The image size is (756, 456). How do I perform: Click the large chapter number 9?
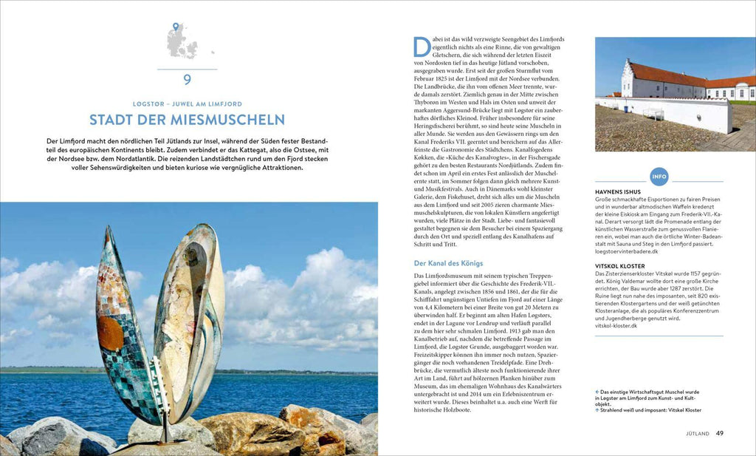point(187,80)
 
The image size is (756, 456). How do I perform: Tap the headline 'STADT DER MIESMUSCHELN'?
point(187,120)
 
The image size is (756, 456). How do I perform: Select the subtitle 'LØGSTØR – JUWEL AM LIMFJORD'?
point(187,104)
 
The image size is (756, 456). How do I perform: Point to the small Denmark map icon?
point(182,44)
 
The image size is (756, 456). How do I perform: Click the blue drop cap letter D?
point(422,47)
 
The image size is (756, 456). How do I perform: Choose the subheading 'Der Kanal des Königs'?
point(447,262)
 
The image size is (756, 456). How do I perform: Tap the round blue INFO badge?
point(659,177)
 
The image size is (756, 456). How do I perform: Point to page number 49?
point(720,433)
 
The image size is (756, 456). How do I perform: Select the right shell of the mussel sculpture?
point(190,318)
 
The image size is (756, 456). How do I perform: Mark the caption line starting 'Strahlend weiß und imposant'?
point(650,410)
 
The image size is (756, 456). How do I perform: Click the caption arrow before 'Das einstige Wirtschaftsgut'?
point(597,392)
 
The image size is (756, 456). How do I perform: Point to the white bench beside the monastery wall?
point(653,113)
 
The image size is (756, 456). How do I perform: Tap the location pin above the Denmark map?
point(176,27)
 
